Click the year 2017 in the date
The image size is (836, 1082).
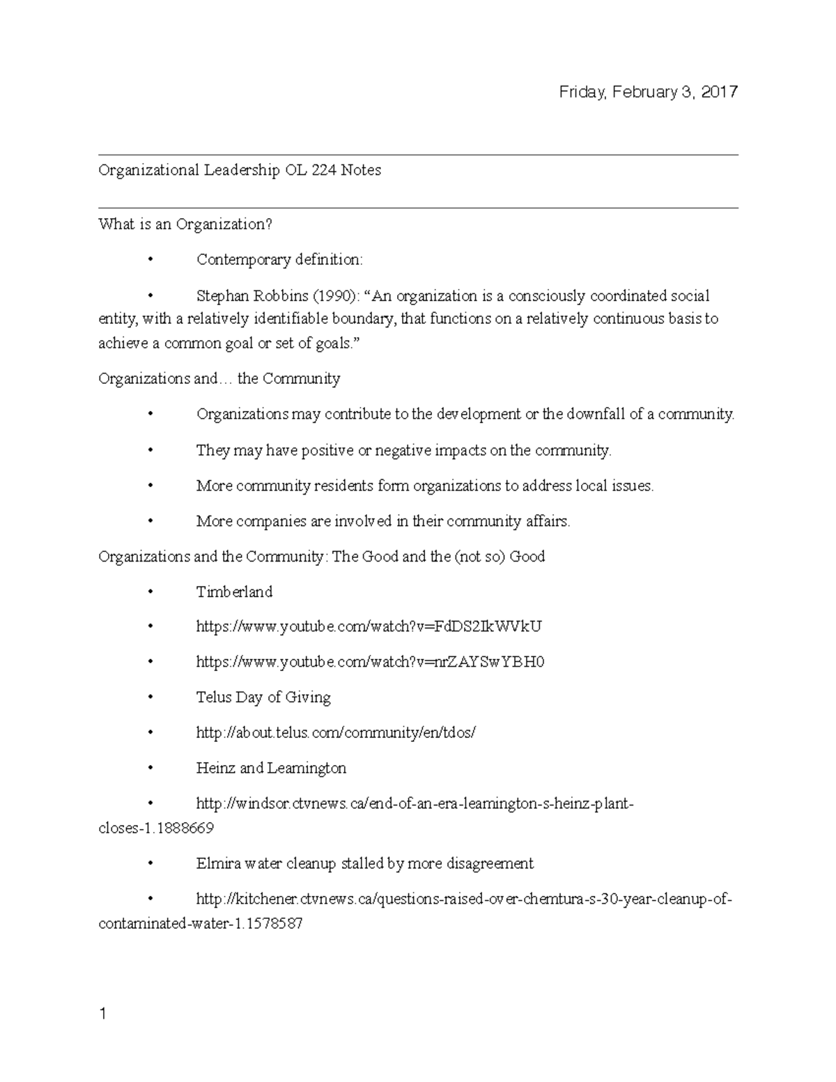719,92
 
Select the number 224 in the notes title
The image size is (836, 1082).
323,170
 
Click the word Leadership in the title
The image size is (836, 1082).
242,170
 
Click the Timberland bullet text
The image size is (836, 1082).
234,592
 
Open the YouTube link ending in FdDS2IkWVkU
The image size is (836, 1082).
369,627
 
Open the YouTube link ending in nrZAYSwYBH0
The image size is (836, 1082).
370,662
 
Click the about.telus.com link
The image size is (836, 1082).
336,733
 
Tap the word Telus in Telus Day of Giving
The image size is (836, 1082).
213,697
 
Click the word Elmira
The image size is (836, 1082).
219,864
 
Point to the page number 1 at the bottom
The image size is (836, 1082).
103,1014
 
